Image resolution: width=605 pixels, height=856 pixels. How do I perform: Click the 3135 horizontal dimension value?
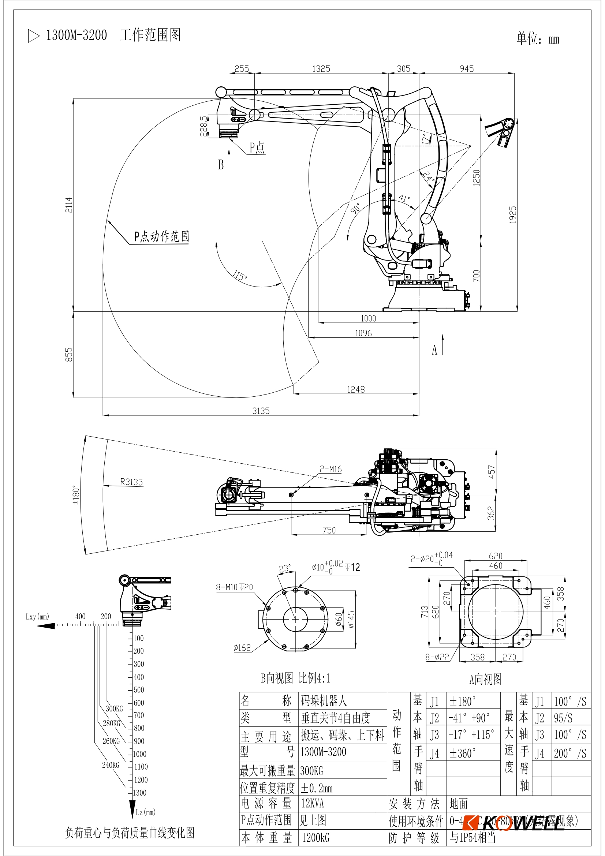261,411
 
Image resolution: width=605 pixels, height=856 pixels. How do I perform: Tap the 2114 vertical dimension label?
69,205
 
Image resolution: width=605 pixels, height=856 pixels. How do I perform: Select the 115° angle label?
239,276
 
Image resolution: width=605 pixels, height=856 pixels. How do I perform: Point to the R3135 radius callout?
131,482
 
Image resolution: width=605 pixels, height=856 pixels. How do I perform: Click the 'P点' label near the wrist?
257,147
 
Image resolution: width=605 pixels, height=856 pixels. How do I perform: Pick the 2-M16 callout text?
330,469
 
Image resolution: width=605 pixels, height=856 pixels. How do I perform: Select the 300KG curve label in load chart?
114,709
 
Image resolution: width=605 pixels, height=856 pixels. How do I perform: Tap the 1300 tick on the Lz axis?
140,793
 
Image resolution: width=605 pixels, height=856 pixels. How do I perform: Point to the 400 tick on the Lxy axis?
80,616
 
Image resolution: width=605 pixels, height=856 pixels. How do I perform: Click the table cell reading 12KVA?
312,803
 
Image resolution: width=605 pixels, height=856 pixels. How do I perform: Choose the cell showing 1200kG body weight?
315,838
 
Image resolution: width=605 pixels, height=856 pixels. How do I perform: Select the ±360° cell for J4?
462,754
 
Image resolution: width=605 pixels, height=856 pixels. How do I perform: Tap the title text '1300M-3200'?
76,35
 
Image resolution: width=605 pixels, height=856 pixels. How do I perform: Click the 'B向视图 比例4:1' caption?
295,678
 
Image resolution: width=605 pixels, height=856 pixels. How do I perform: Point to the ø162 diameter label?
242,648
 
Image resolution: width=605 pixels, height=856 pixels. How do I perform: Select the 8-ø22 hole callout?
437,657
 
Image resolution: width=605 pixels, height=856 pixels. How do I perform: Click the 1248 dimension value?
356,389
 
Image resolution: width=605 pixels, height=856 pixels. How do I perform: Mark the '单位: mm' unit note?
538,39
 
